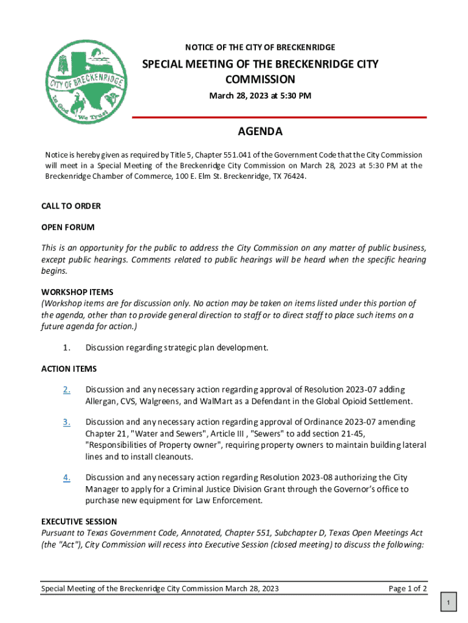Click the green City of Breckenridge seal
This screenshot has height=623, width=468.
(x=86, y=83)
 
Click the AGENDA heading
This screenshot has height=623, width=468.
(x=260, y=132)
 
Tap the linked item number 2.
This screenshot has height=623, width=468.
(x=67, y=389)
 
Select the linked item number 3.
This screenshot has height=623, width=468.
(x=67, y=422)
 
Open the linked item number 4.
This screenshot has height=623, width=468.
(x=67, y=478)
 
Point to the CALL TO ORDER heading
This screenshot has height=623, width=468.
(x=71, y=206)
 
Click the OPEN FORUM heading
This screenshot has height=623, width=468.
(x=67, y=227)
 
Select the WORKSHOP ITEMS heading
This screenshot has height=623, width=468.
(x=77, y=292)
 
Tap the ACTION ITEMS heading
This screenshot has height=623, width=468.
(x=69, y=369)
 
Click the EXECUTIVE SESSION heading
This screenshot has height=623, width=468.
(x=79, y=521)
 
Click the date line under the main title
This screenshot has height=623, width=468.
(x=260, y=96)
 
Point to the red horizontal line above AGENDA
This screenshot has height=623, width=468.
(x=279, y=117)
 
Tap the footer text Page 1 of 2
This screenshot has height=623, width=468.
(x=407, y=588)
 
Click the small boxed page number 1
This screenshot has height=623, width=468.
(x=448, y=602)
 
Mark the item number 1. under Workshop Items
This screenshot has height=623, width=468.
(x=67, y=348)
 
